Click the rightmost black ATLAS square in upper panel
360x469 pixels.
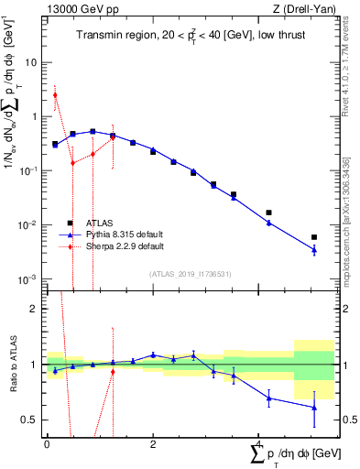[314, 237]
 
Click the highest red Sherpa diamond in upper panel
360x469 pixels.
[55, 95]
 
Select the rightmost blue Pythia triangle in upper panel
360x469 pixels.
[314, 249]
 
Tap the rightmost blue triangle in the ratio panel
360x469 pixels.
[314, 407]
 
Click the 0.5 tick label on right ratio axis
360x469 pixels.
[335, 420]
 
